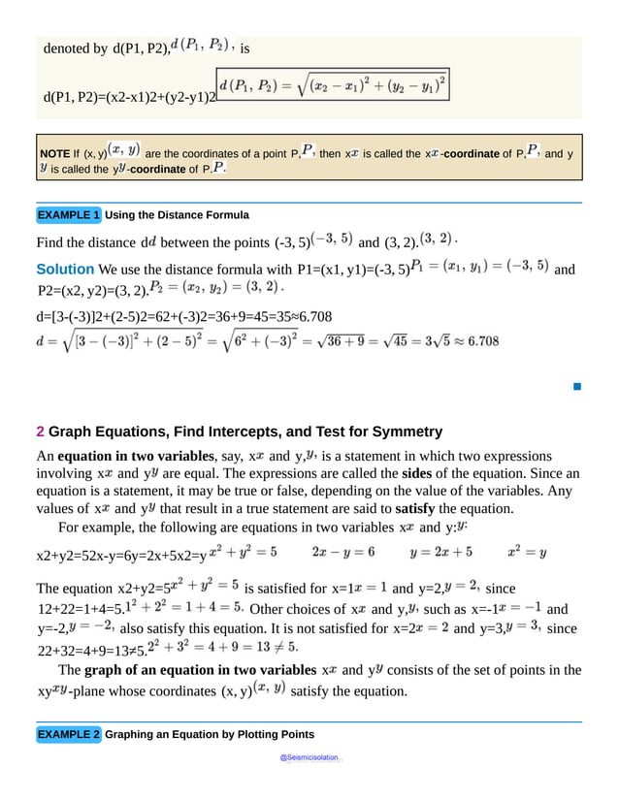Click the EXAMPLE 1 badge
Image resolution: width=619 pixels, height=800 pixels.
pyautogui.click(x=68, y=214)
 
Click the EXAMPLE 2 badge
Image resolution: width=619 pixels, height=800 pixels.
pyautogui.click(x=68, y=734)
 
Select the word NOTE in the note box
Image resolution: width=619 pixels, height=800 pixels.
pyautogui.click(x=54, y=154)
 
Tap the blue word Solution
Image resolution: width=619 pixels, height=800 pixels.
pyautogui.click(x=65, y=269)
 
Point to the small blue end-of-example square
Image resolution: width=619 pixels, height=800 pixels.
pyautogui.click(x=576, y=387)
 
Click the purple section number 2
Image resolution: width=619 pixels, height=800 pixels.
pyautogui.click(x=40, y=432)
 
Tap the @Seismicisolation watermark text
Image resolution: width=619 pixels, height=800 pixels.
pyautogui.click(x=309, y=756)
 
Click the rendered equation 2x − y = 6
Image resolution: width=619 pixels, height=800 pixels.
pyautogui.click(x=342, y=552)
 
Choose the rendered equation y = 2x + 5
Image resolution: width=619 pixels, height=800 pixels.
pyautogui.click(x=440, y=552)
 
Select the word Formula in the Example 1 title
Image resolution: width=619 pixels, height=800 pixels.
pyautogui.click(x=227, y=214)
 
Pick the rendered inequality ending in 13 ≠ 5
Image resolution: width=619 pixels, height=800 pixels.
pyautogui.click(x=229, y=644)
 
